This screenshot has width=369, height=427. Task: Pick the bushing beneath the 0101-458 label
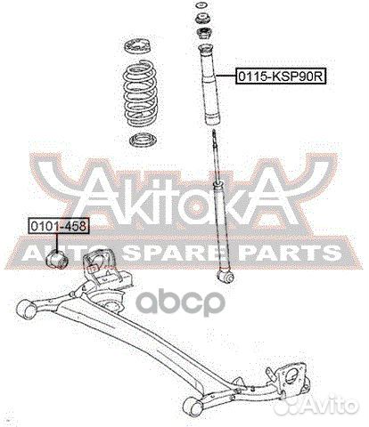click(x=61, y=258)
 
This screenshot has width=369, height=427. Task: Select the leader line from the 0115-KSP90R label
click(x=229, y=77)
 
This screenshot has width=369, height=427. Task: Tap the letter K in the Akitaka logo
click(x=126, y=195)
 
